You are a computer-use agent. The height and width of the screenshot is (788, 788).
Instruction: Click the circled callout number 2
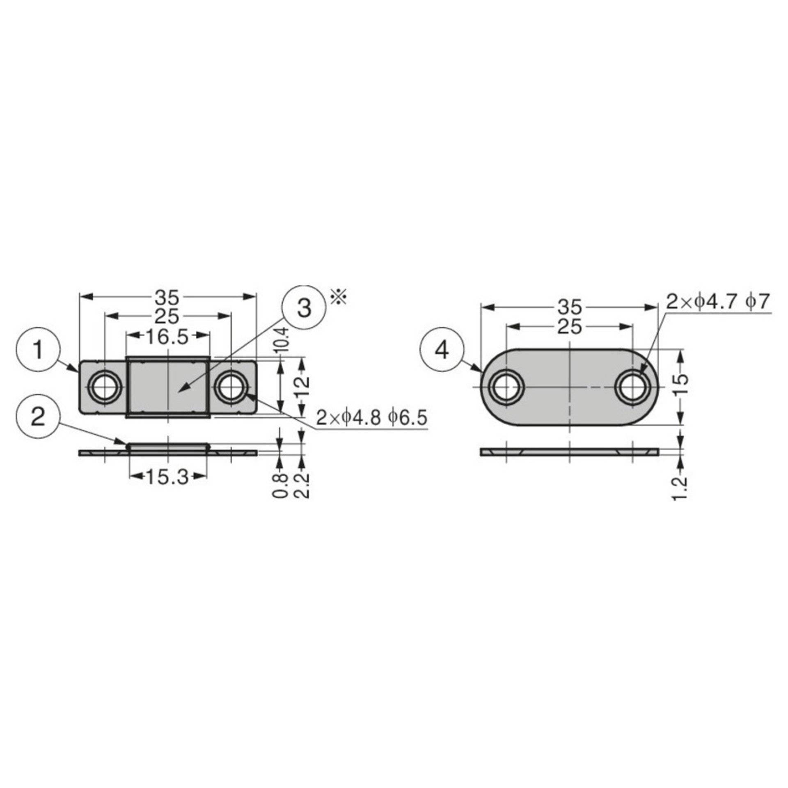[38, 418]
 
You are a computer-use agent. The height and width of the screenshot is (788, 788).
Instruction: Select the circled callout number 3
[304, 308]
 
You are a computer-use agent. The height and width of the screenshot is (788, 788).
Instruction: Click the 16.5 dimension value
[167, 337]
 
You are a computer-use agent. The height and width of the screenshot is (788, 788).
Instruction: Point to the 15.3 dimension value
[167, 477]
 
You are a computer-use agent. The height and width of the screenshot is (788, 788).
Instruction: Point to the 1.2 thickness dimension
[680, 488]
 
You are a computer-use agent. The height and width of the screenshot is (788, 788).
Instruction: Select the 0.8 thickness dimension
[280, 486]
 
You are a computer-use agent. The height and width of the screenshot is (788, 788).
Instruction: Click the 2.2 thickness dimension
[302, 486]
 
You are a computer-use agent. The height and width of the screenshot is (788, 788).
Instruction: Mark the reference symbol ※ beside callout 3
[339, 297]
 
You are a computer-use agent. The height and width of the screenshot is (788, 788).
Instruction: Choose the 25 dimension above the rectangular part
[167, 316]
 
